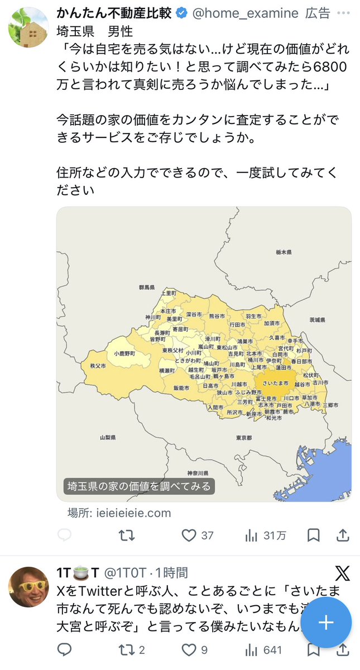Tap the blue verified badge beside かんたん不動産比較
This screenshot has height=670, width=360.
(x=182, y=13)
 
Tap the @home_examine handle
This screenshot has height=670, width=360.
(x=245, y=13)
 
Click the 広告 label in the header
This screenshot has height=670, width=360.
(x=318, y=13)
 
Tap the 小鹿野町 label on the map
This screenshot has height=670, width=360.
(x=124, y=353)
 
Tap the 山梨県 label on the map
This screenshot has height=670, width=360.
(x=107, y=438)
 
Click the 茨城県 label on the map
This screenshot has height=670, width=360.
(x=317, y=320)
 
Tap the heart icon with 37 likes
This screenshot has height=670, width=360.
(x=189, y=535)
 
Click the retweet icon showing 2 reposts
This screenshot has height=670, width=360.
(x=127, y=650)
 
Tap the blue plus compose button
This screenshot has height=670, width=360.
(x=326, y=623)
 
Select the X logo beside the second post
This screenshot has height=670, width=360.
(x=342, y=573)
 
